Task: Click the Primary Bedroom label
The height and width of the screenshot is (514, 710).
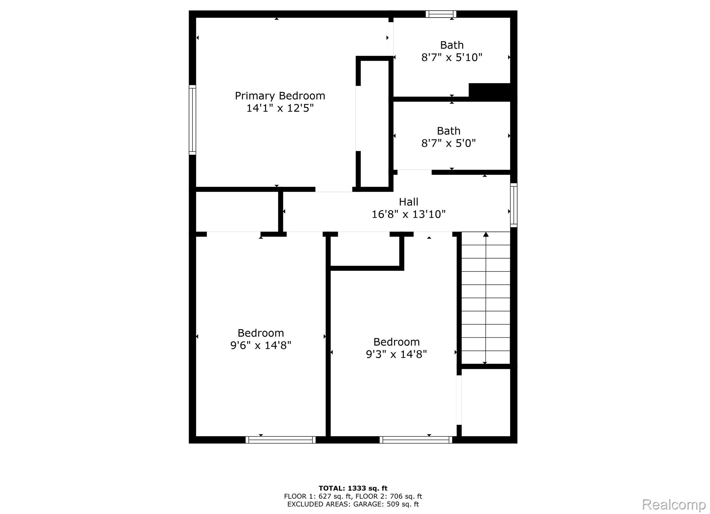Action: tap(280, 96)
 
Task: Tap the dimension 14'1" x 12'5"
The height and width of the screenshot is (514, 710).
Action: tap(280, 108)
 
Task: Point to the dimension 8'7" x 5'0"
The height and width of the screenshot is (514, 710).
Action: tap(448, 143)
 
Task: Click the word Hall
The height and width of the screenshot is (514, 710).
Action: tap(409, 202)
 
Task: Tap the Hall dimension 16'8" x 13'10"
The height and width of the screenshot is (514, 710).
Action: tap(409, 214)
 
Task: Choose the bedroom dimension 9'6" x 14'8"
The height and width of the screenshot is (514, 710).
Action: tap(261, 345)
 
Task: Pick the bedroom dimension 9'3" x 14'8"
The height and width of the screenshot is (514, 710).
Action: tap(396, 354)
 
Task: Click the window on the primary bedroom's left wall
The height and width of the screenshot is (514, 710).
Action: tap(192, 120)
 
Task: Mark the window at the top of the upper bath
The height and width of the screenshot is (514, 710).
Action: tap(441, 14)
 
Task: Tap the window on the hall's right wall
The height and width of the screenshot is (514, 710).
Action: tap(514, 205)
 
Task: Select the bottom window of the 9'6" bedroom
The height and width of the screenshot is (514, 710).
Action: tap(280, 440)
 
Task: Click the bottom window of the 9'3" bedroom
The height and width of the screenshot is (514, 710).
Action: tap(416, 440)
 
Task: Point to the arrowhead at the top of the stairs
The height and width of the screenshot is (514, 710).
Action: tap(486, 235)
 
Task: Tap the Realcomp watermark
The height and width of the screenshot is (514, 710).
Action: tap(674, 504)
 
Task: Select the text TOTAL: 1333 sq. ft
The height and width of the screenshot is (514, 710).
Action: tap(353, 488)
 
